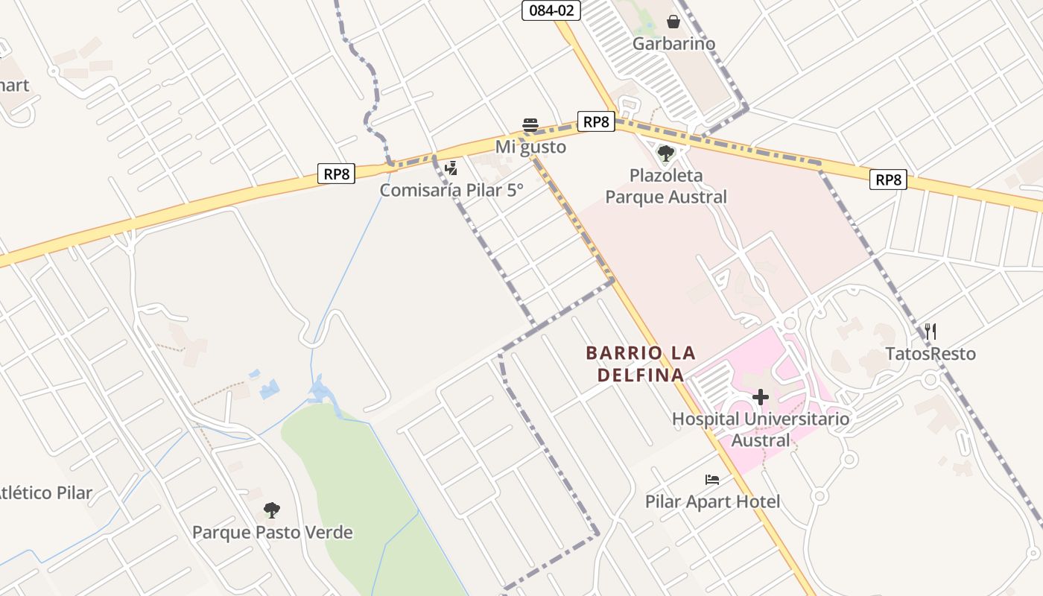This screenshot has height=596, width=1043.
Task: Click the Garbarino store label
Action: [x=673, y=44]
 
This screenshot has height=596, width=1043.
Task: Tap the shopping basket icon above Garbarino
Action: [x=673, y=22]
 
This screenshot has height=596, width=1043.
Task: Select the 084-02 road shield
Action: [x=551, y=10]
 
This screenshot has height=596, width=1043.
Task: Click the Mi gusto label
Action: [x=530, y=147]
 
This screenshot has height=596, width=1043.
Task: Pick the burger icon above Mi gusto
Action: [x=530, y=124]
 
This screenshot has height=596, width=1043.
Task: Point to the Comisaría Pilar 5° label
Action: [x=451, y=190]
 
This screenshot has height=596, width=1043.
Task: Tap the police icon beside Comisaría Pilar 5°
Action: [x=451, y=168]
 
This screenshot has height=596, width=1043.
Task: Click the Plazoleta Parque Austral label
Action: [x=665, y=186]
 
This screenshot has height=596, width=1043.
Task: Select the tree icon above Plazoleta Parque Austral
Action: [x=665, y=153]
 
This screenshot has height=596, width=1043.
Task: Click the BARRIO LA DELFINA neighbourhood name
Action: [x=641, y=364]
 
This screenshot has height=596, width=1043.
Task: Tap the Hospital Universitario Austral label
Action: [x=761, y=429]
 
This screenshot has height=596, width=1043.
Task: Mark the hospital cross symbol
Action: [x=761, y=397]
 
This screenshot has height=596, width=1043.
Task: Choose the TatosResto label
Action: [x=931, y=353]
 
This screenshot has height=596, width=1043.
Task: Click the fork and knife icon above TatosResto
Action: [x=931, y=331]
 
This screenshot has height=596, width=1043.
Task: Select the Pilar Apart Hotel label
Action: [x=712, y=501]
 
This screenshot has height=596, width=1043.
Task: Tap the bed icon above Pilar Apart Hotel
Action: [x=712, y=479]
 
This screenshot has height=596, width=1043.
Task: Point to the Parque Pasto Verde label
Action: [x=272, y=533]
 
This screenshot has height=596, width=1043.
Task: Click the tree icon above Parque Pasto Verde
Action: [x=272, y=510]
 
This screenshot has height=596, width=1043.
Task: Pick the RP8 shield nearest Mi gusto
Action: [x=596, y=121]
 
